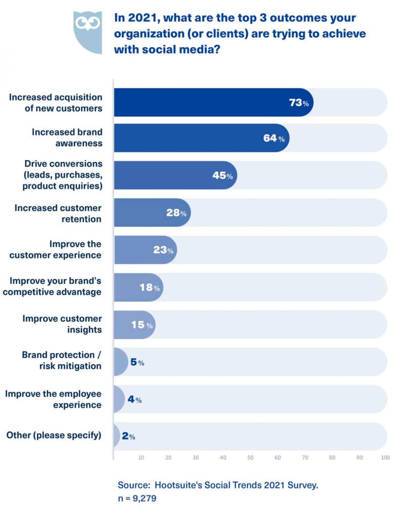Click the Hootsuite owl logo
pos(88,32)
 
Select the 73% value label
pos(298,103)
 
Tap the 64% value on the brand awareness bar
pos(274,138)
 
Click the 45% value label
pos(222,176)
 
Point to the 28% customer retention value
pos(176,213)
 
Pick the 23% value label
pos(163,250)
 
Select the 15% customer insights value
pos(142,325)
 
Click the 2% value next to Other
pos(128,436)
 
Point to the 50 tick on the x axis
pos(250,458)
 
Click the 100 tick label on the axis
pos(385,458)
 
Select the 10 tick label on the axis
pos(141,458)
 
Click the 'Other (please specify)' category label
pos(54,435)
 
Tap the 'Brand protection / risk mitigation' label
pos(62,360)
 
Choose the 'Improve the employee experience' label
pos(53,399)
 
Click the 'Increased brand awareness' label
pos(67,137)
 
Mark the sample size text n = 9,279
pos(137,499)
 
